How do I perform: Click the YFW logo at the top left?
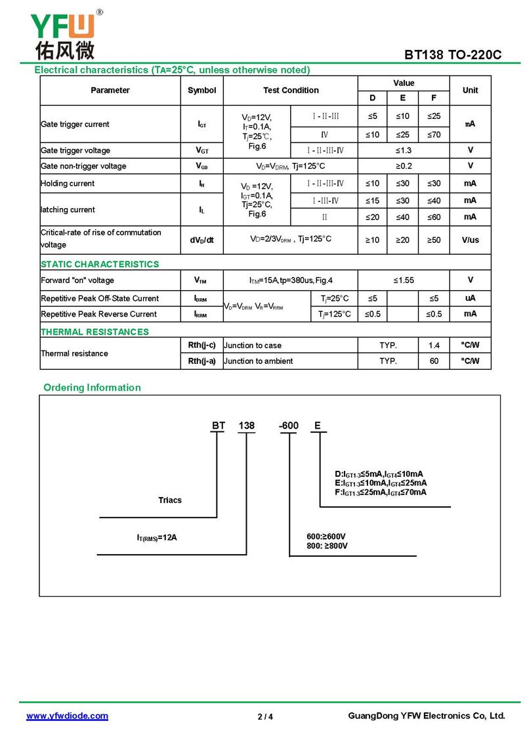pyautogui.click(x=63, y=34)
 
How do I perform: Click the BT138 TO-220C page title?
pyautogui.click(x=452, y=55)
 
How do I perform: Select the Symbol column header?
pyautogui.click(x=201, y=91)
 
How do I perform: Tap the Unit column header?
pyautogui.click(x=470, y=91)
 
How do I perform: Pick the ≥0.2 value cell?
pyautogui.click(x=404, y=166)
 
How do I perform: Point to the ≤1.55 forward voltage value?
pyautogui.click(x=404, y=280)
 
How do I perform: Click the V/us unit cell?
pyautogui.click(x=470, y=240)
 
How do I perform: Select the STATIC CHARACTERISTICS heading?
pyautogui.click(x=100, y=264)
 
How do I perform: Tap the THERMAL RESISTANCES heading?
pyautogui.click(x=94, y=332)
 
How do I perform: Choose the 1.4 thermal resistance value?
pyautogui.click(x=434, y=345)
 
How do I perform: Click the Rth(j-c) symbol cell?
pyautogui.click(x=201, y=345)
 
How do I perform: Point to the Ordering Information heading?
pyautogui.click(x=92, y=387)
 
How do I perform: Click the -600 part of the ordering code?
pyautogui.click(x=289, y=426)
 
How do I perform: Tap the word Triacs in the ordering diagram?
pyautogui.click(x=170, y=500)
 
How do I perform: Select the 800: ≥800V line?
pyautogui.click(x=327, y=546)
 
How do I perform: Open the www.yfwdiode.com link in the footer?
pyautogui.click(x=67, y=716)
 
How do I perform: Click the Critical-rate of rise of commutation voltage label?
pyautogui.click(x=100, y=238)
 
